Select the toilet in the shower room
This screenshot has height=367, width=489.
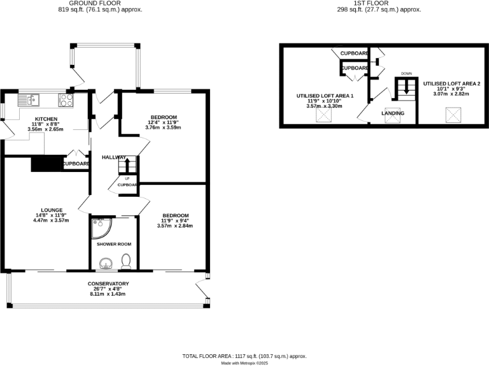point(126,261)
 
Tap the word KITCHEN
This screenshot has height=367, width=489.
point(46,119)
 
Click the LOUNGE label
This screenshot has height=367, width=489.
point(51,210)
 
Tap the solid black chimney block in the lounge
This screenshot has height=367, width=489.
point(45,164)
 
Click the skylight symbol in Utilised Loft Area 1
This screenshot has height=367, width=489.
point(325,115)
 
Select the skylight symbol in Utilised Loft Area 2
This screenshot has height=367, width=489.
point(453,115)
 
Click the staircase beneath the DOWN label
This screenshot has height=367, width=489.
point(405,89)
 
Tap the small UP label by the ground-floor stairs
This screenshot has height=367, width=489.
point(127,178)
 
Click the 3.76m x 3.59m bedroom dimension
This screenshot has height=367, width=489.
point(164,127)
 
